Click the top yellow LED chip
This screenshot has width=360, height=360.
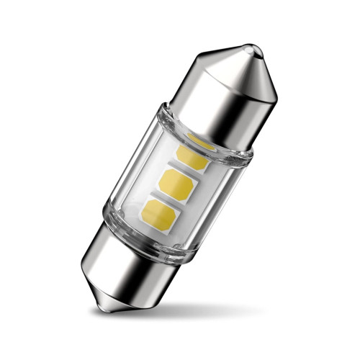click(192, 154)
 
